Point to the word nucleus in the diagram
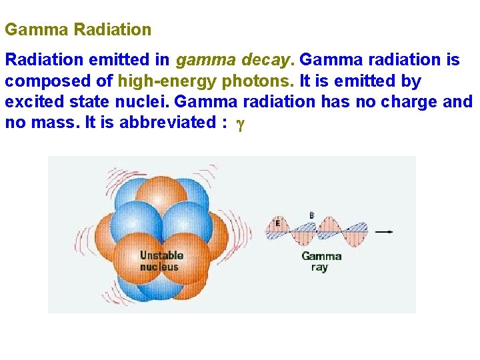click(159, 267)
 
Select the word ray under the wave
click(319, 267)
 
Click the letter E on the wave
click(277, 223)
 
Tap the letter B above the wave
click(311, 215)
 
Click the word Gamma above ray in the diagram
click(321, 256)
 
